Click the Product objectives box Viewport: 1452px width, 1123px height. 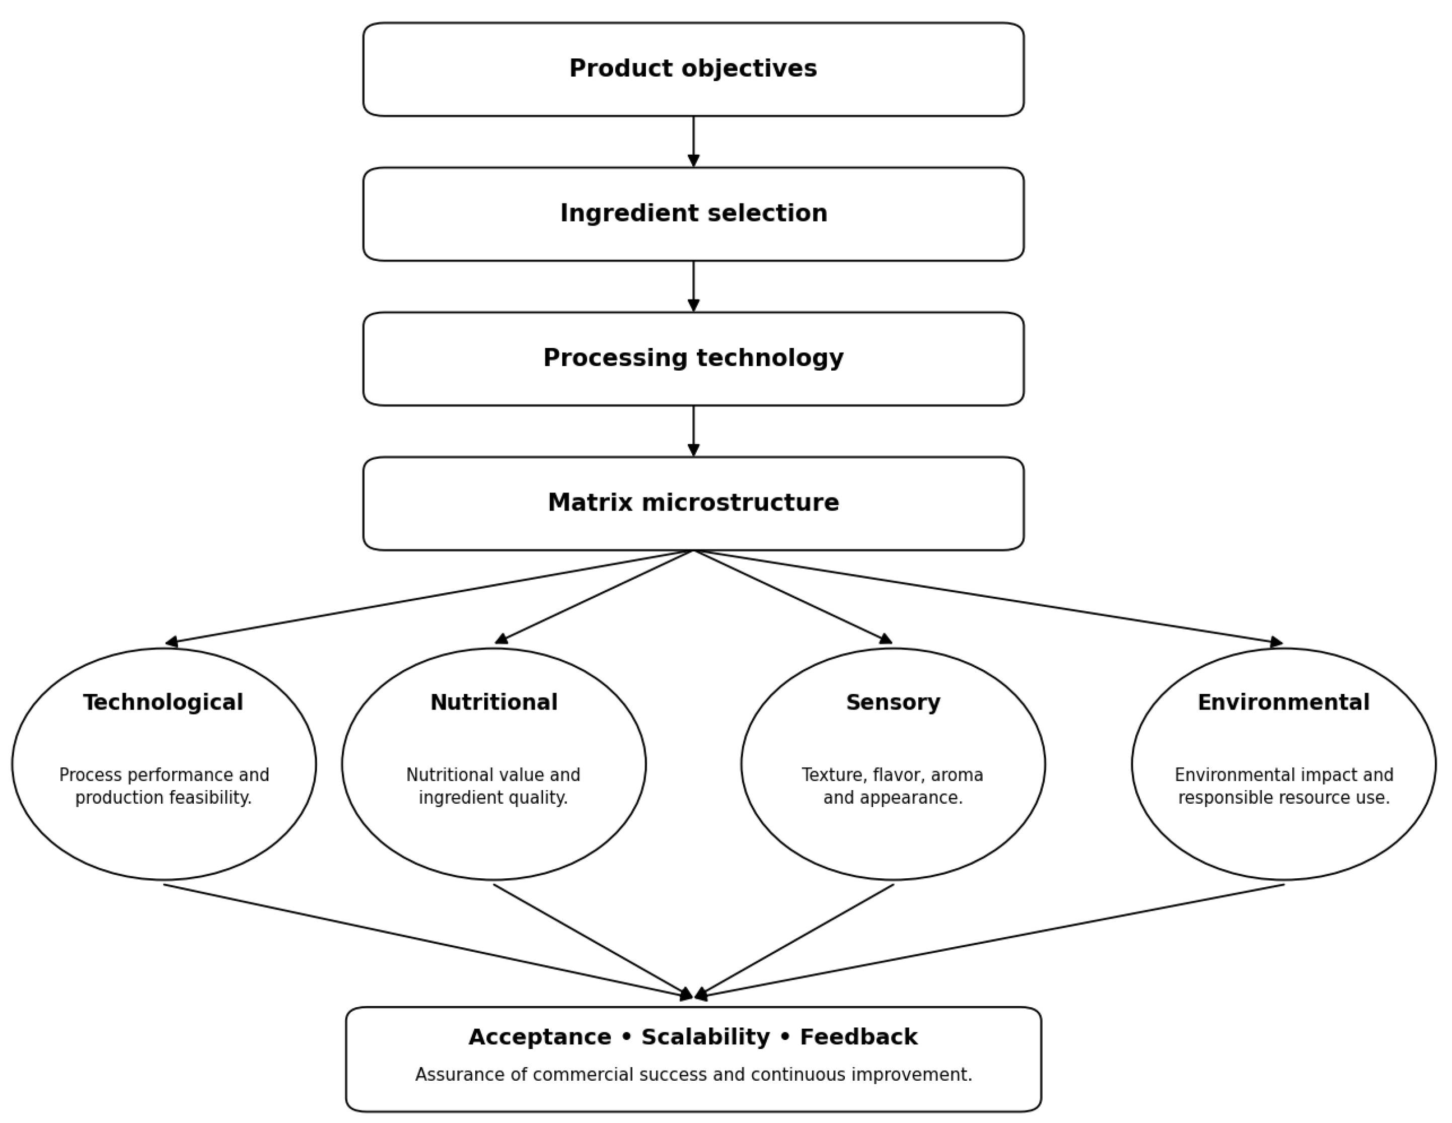pos(693,69)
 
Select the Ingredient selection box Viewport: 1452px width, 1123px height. pos(693,214)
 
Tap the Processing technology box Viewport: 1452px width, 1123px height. pos(693,359)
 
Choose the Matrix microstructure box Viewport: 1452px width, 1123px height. pos(693,503)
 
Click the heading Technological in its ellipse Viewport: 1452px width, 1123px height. pos(163,703)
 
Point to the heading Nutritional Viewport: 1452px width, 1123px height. pos(494,703)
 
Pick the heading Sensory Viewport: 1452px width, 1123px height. pos(893,703)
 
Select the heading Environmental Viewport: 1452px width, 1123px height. pos(1284,703)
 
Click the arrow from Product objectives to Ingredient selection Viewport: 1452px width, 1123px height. pos(693,142)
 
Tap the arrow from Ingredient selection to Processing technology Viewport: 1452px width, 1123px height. pos(693,286)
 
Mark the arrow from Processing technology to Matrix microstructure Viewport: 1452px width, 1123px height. pos(693,431)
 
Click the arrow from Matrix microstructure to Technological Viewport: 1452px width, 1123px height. pos(429,597)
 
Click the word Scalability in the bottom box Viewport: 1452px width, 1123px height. pos(705,1038)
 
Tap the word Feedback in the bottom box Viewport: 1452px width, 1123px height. pos(858,1037)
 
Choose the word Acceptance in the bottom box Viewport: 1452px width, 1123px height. pos(540,1038)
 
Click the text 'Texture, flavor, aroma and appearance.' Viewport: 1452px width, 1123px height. pos(893,786)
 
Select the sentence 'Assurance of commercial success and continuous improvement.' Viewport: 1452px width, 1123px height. pos(693,1075)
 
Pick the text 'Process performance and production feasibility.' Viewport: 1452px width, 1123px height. pos(164,786)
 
